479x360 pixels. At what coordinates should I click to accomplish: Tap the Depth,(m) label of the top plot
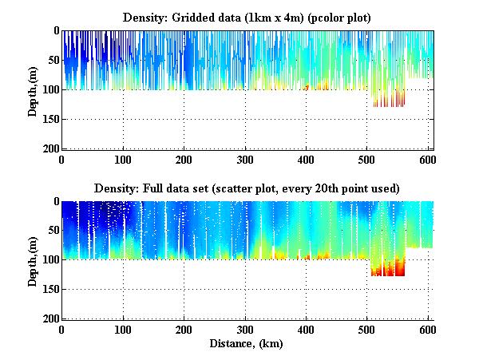click(33, 89)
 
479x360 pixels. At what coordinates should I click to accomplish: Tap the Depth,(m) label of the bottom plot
click(33, 259)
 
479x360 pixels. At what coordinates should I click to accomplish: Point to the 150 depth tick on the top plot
click(49, 119)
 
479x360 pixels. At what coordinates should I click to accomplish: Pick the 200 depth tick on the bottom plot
click(49, 318)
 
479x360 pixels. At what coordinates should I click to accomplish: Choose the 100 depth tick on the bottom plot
click(49, 259)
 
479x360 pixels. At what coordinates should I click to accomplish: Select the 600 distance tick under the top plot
click(429, 159)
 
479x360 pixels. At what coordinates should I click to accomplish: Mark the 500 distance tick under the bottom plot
click(367, 330)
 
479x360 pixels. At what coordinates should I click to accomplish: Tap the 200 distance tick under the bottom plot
click(184, 330)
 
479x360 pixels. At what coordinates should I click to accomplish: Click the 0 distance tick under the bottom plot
click(61, 330)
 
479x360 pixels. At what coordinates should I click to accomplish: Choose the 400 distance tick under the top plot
click(307, 159)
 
